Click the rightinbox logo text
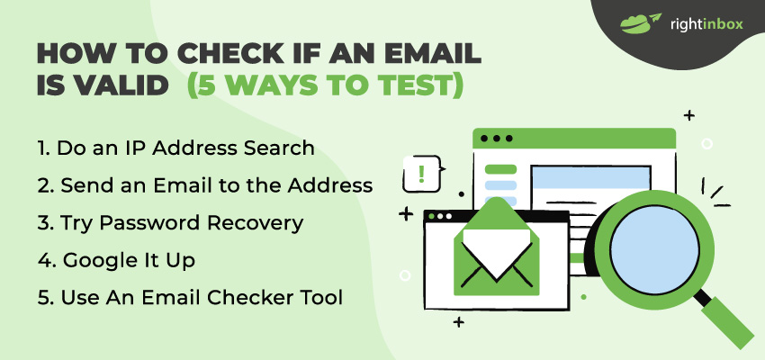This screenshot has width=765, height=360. [706, 24]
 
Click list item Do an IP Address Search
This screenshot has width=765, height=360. [175, 148]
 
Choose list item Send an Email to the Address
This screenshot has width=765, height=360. [205, 185]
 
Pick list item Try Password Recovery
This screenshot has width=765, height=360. [171, 223]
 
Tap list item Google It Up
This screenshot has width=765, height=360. [117, 261]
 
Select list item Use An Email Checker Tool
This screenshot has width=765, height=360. [190, 298]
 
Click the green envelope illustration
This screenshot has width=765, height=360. [496, 248]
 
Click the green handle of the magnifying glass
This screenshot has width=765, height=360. [727, 322]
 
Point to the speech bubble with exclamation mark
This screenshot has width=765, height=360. [421, 173]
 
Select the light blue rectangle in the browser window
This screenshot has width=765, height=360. [590, 178]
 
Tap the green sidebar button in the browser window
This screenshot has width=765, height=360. [500, 169]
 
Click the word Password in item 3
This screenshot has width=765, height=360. [151, 223]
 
